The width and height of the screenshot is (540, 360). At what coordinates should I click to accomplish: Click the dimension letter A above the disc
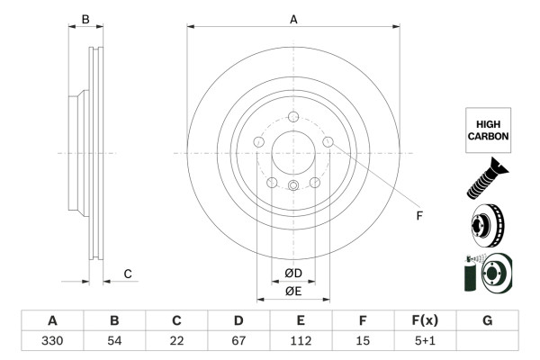[x=293, y=18]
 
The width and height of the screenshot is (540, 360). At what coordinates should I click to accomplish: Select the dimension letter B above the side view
[x=85, y=19]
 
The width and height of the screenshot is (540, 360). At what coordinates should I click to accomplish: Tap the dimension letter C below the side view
[x=128, y=274]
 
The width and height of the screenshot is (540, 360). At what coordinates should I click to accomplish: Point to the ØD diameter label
[x=293, y=274]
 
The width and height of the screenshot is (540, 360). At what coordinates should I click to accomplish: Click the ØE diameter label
[x=293, y=291]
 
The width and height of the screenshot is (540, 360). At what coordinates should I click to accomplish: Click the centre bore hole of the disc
[x=293, y=152]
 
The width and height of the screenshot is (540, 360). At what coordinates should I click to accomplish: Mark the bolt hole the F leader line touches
[x=328, y=141]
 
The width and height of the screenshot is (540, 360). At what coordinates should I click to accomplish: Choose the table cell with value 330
[x=52, y=340]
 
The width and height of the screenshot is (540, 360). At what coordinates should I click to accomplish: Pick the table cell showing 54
[x=114, y=340]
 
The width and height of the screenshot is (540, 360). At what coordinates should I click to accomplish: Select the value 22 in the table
[x=176, y=340]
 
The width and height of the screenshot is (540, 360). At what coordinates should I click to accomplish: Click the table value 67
[x=238, y=340]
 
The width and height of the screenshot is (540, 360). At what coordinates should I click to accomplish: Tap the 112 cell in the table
[x=301, y=340]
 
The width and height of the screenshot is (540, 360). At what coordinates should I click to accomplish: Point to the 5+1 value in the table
[x=425, y=340]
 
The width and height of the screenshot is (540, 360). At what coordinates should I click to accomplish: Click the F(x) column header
[x=425, y=320]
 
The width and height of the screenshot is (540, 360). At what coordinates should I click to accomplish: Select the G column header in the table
[x=487, y=320]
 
